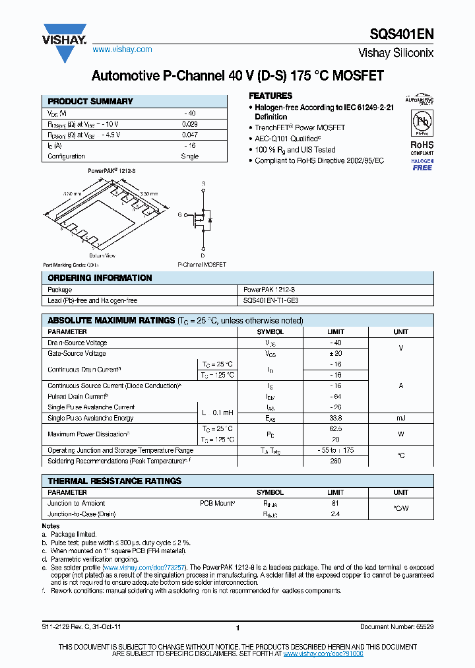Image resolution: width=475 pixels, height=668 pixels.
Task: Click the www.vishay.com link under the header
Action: pyautogui.click(x=122, y=50)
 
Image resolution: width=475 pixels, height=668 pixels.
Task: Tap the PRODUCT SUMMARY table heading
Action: pyautogui.click(x=90, y=102)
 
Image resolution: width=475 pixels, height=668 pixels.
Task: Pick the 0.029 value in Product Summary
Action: pyautogui.click(x=190, y=124)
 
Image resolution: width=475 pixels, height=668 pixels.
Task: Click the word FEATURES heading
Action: pyautogui.click(x=270, y=96)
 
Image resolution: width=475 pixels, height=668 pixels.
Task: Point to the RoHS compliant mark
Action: pyautogui.click(x=422, y=148)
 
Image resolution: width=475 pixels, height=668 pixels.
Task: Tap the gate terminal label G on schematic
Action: pyautogui.click(x=179, y=215)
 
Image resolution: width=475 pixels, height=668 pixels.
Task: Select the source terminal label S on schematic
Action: pyautogui.click(x=203, y=183)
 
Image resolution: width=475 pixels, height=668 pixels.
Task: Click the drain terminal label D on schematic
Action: pyautogui.click(x=203, y=255)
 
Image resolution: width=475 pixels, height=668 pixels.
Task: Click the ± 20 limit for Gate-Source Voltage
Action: pyautogui.click(x=335, y=354)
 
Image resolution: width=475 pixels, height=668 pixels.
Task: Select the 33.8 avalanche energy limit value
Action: pyautogui.click(x=335, y=418)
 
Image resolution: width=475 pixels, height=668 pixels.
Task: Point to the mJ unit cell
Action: pyautogui.click(x=401, y=418)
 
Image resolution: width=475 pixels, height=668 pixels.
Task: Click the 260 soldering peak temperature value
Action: pyautogui.click(x=335, y=461)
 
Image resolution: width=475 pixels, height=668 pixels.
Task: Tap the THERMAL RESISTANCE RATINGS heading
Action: pyautogui.click(x=114, y=481)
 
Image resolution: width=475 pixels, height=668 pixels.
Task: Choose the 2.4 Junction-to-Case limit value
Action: pyautogui.click(x=335, y=514)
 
